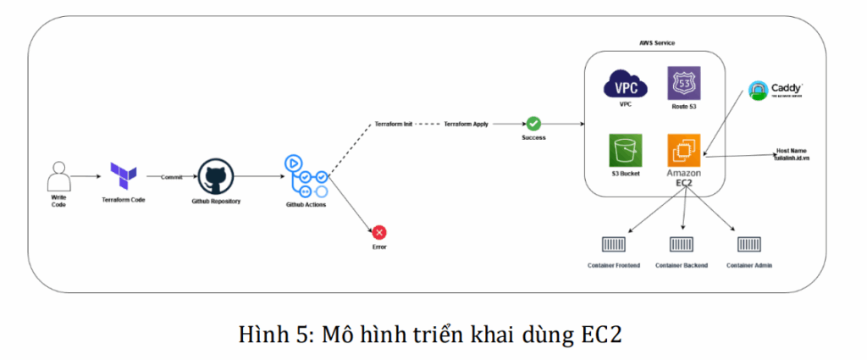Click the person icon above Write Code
(58, 178)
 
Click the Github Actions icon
(309, 177)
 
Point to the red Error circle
(379, 232)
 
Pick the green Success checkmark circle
(533, 124)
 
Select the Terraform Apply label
(467, 124)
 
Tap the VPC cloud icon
(625, 85)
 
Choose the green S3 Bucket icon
(625, 151)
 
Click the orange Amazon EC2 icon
(682, 150)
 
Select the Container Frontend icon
(613, 246)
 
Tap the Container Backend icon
(682, 246)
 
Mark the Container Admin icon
(749, 246)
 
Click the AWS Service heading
(657, 42)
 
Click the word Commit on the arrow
(172, 176)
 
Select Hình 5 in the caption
(268, 334)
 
